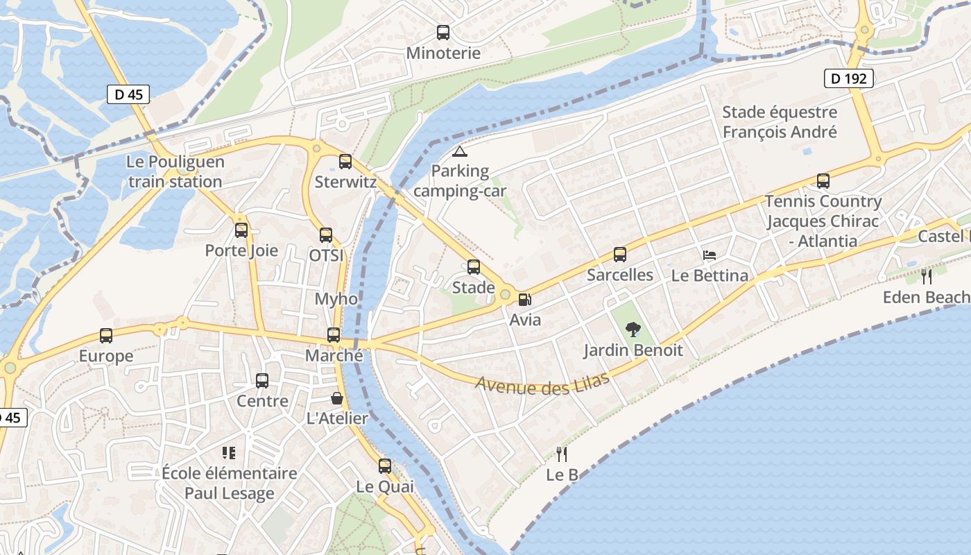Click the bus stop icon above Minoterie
click(x=443, y=32)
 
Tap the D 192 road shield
click(x=848, y=78)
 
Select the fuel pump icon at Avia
click(x=525, y=300)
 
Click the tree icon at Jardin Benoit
click(x=633, y=330)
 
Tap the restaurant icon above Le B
click(x=562, y=454)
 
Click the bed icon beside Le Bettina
click(x=709, y=255)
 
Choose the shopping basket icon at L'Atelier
click(x=337, y=398)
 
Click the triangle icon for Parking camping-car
click(x=460, y=151)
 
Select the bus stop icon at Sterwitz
click(x=345, y=162)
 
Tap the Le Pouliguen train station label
click(x=175, y=171)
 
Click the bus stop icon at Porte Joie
click(x=241, y=230)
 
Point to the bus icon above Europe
click(x=106, y=336)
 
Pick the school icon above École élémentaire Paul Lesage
click(x=229, y=453)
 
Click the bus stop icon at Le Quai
click(x=385, y=466)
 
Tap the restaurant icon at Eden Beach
click(x=927, y=277)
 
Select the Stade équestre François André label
click(x=780, y=121)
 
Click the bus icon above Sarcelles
click(x=620, y=255)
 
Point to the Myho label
click(x=336, y=299)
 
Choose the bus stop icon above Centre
click(x=262, y=381)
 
